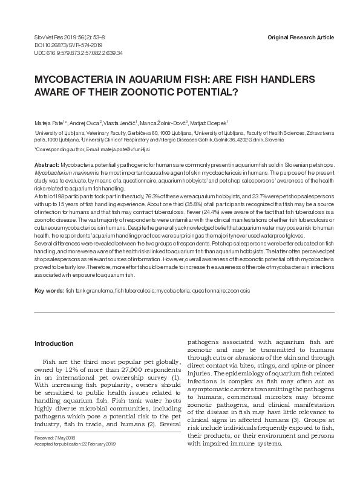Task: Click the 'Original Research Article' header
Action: point(300,37)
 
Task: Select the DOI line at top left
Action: point(57,45)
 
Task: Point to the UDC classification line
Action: point(70,53)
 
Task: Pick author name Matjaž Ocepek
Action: point(209,122)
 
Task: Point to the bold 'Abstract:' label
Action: point(47,165)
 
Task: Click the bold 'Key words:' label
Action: point(49,291)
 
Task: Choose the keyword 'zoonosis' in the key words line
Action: point(237,291)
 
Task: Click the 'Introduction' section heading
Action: point(54,343)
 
